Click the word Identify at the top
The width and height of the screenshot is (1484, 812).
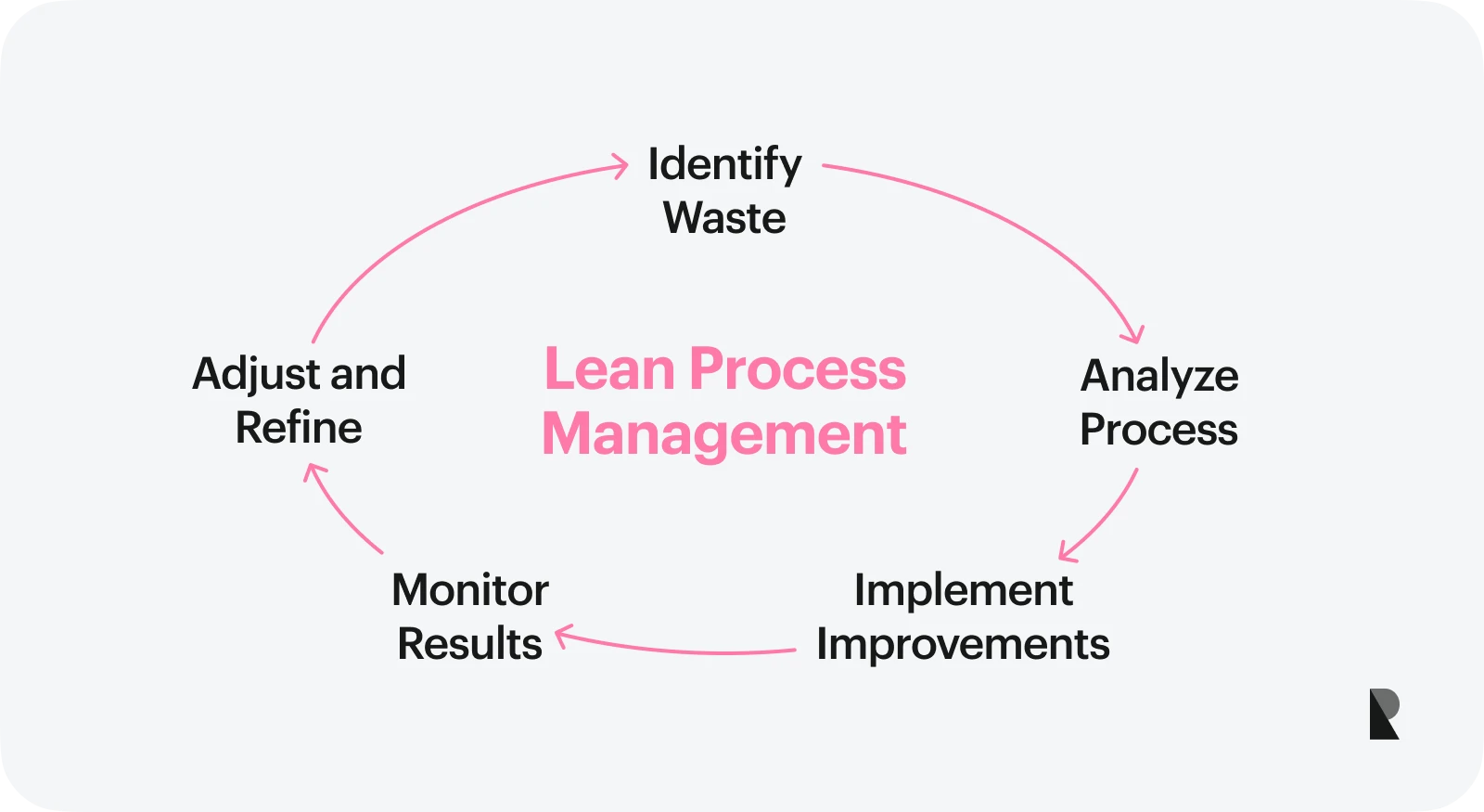724,164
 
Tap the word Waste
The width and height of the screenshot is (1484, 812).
724,219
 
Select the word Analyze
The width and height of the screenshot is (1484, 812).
1159,377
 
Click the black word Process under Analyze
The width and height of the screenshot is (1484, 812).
1158,431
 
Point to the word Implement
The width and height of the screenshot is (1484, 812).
963,591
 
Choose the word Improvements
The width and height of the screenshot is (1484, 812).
963,645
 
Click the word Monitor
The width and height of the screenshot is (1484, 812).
470,590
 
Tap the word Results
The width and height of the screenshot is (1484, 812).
469,644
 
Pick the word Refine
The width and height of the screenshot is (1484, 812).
299,429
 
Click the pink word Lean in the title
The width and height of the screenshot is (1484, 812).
609,369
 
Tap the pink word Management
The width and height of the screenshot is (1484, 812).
724,434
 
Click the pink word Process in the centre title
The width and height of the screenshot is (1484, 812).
798,369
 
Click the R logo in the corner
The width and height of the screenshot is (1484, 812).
1384,714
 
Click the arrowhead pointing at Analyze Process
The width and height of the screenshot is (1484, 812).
1133,335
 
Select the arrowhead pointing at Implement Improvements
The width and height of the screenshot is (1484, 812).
1067,553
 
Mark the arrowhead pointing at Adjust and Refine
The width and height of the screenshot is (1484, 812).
313,471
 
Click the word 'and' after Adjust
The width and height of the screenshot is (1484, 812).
368,375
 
